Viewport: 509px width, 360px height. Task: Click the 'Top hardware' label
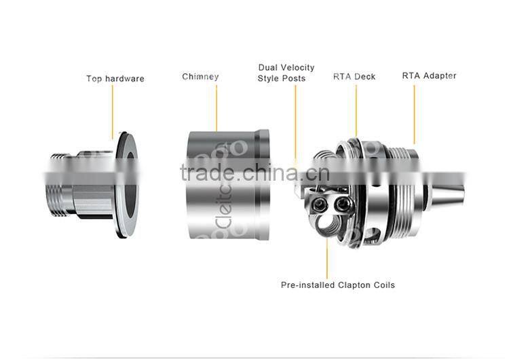point(115,79)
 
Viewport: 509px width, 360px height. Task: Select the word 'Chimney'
point(200,77)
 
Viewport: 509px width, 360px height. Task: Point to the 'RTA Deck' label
point(354,77)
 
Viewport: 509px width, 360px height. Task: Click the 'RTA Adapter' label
point(429,75)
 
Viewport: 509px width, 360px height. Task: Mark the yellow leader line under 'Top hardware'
point(113,109)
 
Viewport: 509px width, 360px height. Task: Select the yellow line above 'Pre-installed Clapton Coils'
point(327,258)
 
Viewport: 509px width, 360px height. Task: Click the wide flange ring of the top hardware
point(125,183)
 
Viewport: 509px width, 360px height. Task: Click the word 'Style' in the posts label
point(269,79)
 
